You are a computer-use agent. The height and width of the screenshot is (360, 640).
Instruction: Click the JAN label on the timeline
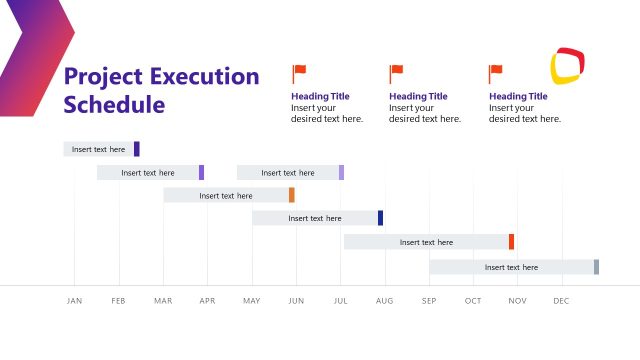coord(74,301)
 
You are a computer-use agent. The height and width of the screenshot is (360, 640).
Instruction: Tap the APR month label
coord(207,301)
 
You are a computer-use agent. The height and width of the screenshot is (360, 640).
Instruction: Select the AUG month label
coord(384,301)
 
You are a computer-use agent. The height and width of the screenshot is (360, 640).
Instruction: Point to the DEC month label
coord(561,301)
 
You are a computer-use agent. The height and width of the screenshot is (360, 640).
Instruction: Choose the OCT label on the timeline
coord(473,301)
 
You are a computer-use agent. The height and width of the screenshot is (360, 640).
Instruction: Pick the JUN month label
coord(296,301)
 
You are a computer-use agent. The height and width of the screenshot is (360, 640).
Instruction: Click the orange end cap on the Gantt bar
coord(292,195)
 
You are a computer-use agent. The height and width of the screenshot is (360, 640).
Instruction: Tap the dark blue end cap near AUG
coord(380,218)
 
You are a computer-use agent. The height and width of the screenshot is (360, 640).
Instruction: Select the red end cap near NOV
coord(511,242)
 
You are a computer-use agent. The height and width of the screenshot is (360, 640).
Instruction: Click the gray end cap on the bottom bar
coord(596,267)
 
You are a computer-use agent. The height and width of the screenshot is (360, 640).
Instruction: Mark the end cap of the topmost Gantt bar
coord(137,149)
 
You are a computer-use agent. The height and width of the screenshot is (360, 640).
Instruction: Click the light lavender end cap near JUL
coord(341,172)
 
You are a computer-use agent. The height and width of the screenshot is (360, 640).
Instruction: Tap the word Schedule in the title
coord(114,104)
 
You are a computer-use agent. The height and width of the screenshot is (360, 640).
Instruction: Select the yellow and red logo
coord(567,66)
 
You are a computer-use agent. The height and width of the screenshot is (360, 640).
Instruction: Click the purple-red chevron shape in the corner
coord(35,50)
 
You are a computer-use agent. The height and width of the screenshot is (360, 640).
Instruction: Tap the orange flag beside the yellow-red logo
coord(496,73)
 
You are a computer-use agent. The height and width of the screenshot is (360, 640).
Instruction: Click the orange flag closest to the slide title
coord(299,73)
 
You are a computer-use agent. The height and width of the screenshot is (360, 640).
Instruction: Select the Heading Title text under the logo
coord(518,96)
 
